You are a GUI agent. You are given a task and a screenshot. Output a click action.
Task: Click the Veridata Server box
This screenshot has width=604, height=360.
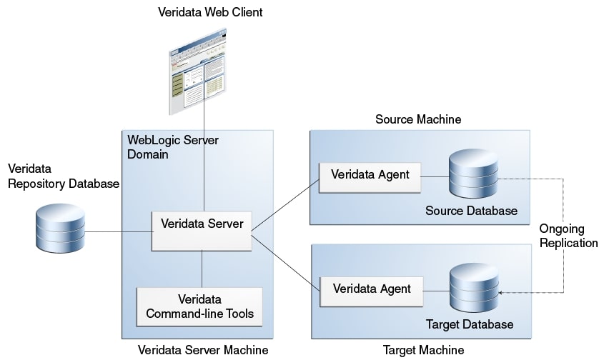[202, 230]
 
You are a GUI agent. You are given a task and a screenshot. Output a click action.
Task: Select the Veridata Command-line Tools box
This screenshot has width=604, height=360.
[199, 306]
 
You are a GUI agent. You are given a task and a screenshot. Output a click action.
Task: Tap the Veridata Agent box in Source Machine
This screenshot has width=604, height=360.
[370, 174]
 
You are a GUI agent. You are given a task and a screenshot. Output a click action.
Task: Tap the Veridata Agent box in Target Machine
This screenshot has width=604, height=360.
[370, 289]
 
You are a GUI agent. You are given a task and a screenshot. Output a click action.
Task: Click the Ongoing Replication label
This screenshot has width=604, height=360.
[569, 236]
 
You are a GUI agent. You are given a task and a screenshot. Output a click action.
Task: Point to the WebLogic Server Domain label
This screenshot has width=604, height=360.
[172, 146]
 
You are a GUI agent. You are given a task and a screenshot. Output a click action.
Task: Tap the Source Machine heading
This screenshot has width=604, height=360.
[418, 119]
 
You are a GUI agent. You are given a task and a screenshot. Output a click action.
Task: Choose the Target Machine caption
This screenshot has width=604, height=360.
[423, 350]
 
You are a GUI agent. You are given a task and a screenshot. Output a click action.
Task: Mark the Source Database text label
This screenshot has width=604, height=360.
[471, 211]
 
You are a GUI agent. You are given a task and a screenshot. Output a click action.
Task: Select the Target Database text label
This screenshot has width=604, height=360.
[470, 325]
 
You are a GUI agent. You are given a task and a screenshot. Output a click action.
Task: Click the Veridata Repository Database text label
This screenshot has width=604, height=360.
[63, 177]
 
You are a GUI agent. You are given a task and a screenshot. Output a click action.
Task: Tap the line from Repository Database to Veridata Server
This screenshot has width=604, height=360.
[118, 232]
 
